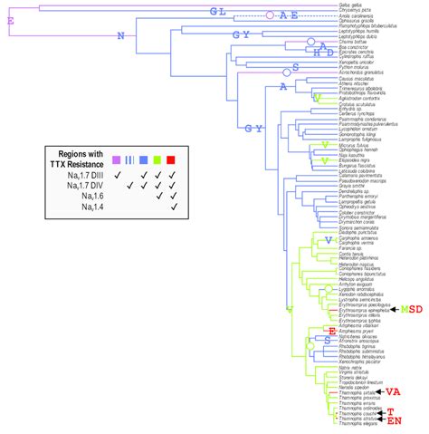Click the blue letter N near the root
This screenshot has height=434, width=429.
(120, 37)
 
